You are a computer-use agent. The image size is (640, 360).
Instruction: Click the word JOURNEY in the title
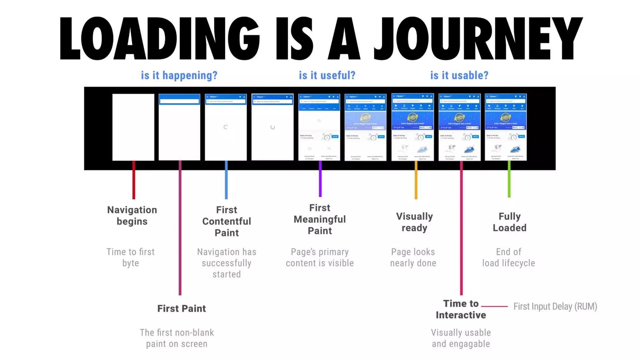coord(478,38)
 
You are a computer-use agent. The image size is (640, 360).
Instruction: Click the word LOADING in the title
coord(159,38)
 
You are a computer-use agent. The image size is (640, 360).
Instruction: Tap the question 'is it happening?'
coord(179,75)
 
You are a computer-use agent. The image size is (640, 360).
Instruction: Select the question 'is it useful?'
coord(327,75)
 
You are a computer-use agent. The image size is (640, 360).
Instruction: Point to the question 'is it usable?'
coord(459,75)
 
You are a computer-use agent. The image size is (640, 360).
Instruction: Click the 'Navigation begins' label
coord(132,216)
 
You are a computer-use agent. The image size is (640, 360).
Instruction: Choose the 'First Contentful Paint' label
coord(227,221)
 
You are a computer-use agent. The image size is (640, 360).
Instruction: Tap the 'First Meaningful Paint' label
coord(320,219)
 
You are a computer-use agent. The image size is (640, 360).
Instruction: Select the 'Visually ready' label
coord(414,222)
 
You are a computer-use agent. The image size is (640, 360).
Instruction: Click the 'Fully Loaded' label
coord(509,222)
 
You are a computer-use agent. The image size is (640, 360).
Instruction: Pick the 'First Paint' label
coord(182,308)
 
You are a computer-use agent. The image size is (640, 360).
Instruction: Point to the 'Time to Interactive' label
coord(461,309)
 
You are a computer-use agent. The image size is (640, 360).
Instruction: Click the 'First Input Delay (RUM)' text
coord(555,307)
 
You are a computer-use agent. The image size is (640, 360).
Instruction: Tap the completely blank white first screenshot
coord(133,127)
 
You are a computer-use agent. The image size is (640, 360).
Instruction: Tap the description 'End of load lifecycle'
coord(508,257)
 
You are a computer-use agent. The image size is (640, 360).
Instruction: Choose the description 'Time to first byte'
coord(131,257)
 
